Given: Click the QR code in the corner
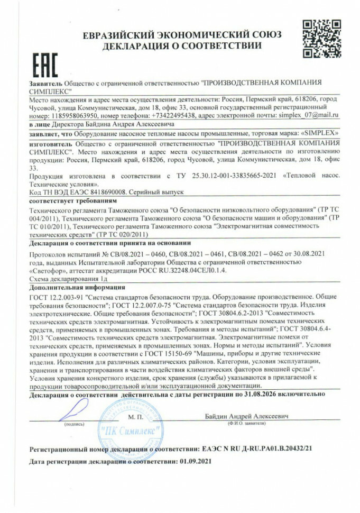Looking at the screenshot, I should (322, 39).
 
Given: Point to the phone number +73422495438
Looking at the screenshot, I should (167, 114).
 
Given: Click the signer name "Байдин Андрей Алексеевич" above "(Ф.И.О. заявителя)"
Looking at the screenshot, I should (247, 416).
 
